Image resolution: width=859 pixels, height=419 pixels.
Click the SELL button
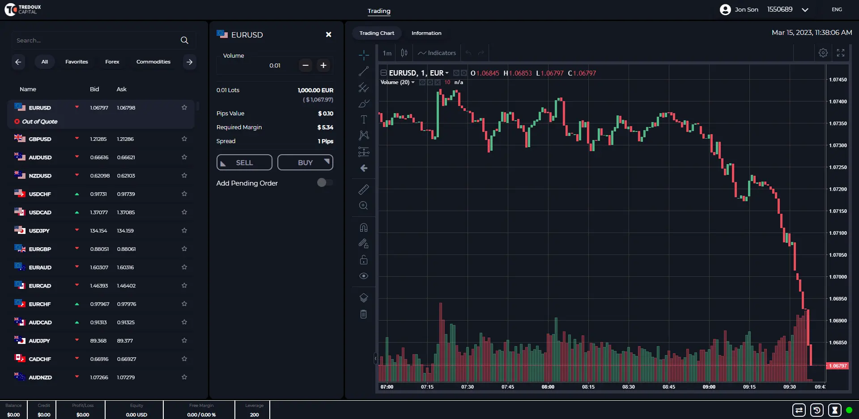(244, 162)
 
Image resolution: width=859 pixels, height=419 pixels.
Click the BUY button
(305, 162)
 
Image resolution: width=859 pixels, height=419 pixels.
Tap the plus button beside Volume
(323, 65)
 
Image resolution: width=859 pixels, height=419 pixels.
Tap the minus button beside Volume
(306, 65)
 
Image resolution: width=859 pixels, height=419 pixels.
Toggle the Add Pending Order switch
(325, 182)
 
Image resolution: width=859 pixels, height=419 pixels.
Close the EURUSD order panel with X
(328, 34)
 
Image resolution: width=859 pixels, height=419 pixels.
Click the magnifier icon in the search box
(184, 40)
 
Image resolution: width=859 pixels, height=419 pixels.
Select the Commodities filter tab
(153, 62)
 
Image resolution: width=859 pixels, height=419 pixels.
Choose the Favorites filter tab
(77, 62)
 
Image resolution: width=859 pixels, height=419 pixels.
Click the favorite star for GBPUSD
(184, 139)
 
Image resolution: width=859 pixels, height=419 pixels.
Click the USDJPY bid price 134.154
(98, 231)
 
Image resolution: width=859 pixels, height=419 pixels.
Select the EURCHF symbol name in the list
(40, 304)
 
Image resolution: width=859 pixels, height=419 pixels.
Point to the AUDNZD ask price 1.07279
(126, 377)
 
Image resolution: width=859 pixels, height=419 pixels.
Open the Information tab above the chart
(426, 33)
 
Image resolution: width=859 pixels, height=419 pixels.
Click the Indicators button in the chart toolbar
(437, 53)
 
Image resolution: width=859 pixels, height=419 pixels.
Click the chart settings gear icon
(823, 53)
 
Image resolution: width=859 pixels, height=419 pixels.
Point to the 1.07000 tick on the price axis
(838, 277)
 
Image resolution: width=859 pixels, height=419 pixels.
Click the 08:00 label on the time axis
(548, 387)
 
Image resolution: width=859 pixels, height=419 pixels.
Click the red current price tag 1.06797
(838, 366)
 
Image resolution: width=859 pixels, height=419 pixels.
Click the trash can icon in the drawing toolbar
(363, 314)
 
